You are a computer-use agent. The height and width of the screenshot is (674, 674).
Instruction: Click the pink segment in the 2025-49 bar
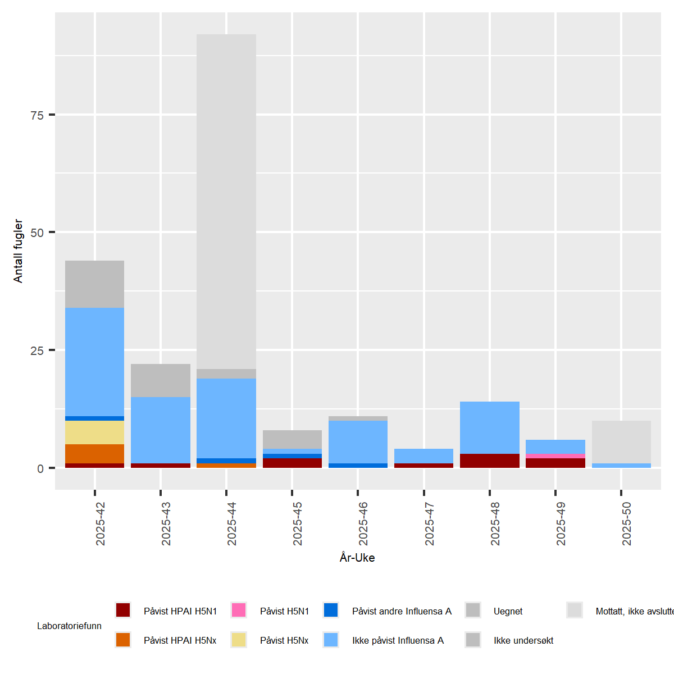click(x=555, y=456)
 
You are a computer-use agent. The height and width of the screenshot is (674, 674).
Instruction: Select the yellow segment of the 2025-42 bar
click(x=94, y=432)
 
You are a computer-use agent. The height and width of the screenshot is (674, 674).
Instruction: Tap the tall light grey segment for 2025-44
click(x=226, y=202)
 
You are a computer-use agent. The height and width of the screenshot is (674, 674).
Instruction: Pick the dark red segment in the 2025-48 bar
click(x=489, y=461)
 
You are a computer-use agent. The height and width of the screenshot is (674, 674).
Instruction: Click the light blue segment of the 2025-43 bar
click(x=161, y=430)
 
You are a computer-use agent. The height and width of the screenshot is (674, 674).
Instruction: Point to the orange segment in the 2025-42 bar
click(x=94, y=454)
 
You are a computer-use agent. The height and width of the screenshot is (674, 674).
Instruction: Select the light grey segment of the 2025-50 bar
click(x=621, y=442)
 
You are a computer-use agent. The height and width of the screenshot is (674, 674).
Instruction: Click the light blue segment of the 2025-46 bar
click(x=358, y=442)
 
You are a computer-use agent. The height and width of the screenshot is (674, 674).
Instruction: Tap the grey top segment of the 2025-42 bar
click(x=94, y=284)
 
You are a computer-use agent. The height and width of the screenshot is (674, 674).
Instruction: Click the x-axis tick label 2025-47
click(x=430, y=523)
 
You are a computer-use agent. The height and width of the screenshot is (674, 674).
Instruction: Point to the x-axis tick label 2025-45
click(x=298, y=523)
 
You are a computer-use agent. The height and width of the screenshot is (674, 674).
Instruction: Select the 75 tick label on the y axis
click(x=37, y=116)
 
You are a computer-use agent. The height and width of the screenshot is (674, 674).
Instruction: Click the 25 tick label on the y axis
click(x=37, y=351)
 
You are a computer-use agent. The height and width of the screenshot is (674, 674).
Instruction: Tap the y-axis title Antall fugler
click(x=19, y=251)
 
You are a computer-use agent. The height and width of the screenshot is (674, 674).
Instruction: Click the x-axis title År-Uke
click(x=357, y=558)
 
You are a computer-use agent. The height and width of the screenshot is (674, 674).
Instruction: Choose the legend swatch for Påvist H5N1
click(x=239, y=611)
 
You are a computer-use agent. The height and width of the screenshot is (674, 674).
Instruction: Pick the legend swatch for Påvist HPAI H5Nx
click(x=123, y=640)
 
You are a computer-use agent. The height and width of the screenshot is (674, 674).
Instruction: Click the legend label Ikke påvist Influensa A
click(x=398, y=640)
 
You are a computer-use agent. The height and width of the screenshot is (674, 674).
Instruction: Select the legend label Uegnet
click(x=508, y=611)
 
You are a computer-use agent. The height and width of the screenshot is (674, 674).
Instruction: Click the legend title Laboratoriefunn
click(x=69, y=626)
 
